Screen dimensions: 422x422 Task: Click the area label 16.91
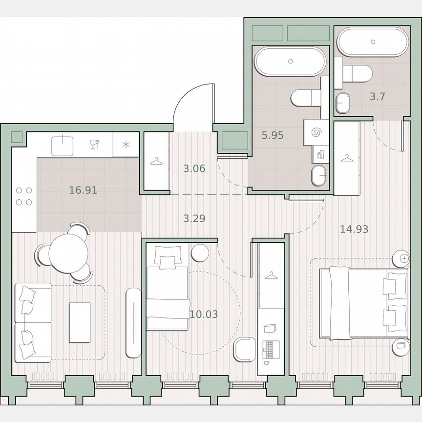(83, 190)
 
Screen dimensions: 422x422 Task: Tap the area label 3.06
(194, 169)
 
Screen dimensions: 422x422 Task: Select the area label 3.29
(194, 218)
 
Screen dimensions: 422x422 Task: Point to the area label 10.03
(204, 314)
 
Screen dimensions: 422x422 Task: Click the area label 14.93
(354, 229)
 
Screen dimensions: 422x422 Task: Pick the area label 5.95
(273, 135)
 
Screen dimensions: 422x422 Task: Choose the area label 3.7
(377, 96)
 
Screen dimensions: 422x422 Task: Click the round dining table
(68, 253)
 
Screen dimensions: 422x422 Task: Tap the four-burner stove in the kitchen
(24, 196)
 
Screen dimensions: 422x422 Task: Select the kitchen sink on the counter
(63, 145)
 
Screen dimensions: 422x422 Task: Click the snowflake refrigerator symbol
(126, 144)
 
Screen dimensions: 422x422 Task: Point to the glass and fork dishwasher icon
(94, 144)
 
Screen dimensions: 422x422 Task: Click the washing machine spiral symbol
(316, 132)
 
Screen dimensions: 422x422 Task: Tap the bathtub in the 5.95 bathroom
(290, 61)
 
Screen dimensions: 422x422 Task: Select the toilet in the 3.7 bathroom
(357, 74)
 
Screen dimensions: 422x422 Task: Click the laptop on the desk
(270, 348)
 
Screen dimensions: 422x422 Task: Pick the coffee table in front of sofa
(80, 322)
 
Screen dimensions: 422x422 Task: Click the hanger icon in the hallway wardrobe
(156, 161)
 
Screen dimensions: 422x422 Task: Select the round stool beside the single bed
(200, 253)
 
